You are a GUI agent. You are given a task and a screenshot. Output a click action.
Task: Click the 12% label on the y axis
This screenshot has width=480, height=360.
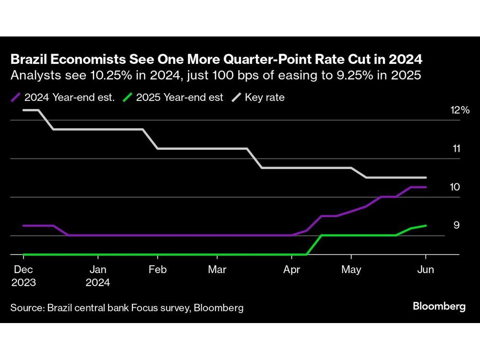(x=459, y=110)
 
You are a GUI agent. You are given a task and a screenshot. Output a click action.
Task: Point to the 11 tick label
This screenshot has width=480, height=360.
(x=456, y=149)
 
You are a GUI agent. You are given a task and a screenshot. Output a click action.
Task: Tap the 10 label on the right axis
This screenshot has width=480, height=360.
(x=455, y=187)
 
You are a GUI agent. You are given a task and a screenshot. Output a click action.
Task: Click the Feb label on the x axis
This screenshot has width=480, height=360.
(x=157, y=270)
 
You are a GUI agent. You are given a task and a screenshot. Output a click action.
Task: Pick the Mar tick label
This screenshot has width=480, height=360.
(x=217, y=270)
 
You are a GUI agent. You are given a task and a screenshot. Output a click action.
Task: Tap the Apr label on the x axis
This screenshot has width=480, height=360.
(x=292, y=270)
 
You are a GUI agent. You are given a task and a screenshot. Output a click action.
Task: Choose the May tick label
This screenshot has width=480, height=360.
(x=351, y=270)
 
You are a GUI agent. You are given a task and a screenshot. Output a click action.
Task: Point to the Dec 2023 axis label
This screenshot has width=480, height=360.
(x=24, y=276)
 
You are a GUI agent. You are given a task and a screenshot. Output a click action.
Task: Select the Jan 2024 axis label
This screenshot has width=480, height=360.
(x=98, y=276)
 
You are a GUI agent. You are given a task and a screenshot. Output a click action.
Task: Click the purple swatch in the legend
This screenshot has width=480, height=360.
(x=16, y=97)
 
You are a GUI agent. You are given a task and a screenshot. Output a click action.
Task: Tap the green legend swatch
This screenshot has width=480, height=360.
(x=128, y=97)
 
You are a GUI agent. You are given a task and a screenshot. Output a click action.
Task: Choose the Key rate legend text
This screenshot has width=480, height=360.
(x=264, y=97)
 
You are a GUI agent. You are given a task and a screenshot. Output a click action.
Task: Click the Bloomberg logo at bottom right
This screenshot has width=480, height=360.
(x=439, y=307)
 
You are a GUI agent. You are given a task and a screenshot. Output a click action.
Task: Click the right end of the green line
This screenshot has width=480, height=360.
(x=426, y=226)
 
